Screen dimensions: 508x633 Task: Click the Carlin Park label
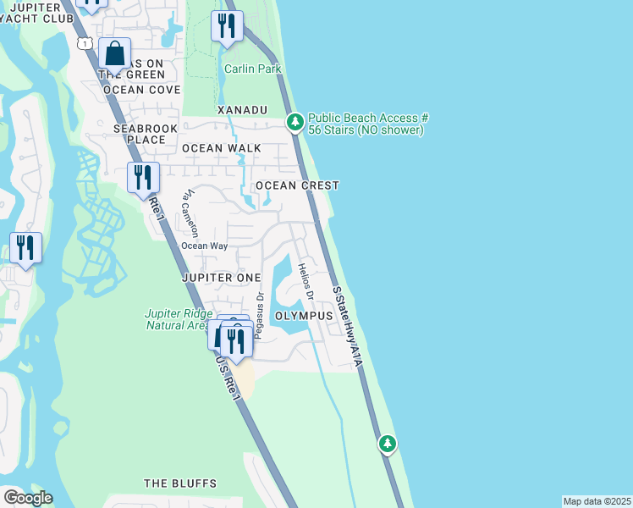pyautogui.click(x=252, y=69)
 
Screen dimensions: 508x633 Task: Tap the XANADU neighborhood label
pyautogui.click(x=242, y=110)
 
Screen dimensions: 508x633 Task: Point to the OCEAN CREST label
pyautogui.click(x=297, y=185)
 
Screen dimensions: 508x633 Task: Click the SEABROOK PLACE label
pyautogui.click(x=139, y=134)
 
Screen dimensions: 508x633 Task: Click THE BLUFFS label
pyautogui.click(x=180, y=483)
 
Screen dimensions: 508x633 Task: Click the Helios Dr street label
pyautogui.click(x=305, y=283)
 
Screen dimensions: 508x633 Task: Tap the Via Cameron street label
pyautogui.click(x=190, y=213)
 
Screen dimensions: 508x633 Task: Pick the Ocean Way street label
pyautogui.click(x=204, y=246)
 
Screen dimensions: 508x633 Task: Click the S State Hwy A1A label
pyautogui.click(x=348, y=326)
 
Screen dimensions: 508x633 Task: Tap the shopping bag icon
pyautogui.click(x=114, y=54)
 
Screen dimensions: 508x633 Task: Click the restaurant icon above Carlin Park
pyautogui.click(x=226, y=26)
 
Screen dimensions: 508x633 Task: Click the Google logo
pyautogui.click(x=28, y=498)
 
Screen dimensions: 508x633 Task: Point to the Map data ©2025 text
pyautogui.click(x=597, y=501)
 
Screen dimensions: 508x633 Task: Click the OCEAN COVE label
pyautogui.click(x=141, y=89)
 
